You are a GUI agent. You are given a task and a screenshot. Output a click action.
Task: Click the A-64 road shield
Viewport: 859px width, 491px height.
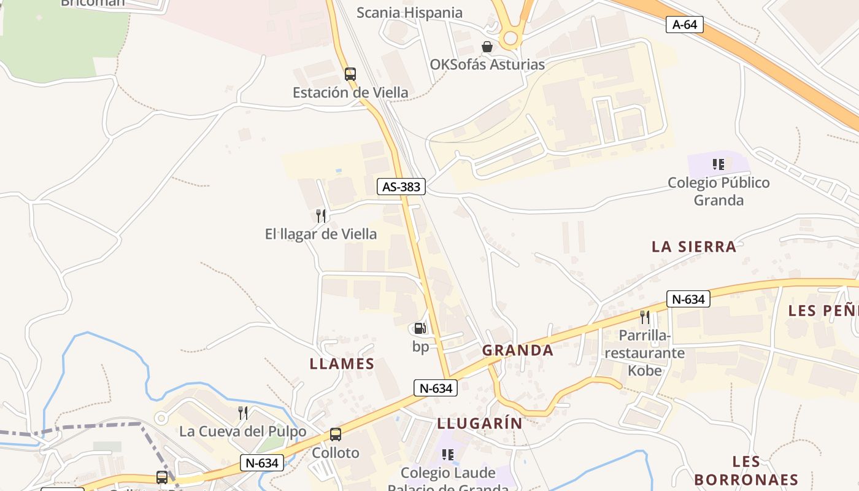[684, 25]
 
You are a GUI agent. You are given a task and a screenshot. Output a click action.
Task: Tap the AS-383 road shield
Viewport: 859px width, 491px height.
[401, 187]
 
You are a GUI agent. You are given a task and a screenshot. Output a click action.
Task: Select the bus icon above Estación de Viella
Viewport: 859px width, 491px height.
[350, 74]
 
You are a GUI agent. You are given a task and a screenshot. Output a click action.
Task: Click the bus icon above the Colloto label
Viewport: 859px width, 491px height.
[336, 435]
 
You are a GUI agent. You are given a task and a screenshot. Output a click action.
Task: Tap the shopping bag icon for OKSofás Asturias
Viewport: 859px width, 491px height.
[487, 47]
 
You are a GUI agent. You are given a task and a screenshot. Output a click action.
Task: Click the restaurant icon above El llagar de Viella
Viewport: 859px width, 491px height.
[320, 215]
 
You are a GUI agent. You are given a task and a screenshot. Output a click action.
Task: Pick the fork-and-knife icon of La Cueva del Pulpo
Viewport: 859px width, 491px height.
[243, 412]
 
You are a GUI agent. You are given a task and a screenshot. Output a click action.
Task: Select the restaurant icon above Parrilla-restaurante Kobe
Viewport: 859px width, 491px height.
[644, 317]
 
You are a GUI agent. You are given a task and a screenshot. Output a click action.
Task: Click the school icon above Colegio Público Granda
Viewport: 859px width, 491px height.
[718, 164]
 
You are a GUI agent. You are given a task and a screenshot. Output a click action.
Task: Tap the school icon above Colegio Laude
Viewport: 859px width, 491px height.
[448, 455]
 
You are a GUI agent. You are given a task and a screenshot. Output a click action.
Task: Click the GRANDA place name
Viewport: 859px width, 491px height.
[517, 350]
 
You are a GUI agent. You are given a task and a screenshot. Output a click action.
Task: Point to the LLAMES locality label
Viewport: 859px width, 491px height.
[342, 363]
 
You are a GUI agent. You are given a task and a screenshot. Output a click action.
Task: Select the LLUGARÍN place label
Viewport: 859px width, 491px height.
[480, 423]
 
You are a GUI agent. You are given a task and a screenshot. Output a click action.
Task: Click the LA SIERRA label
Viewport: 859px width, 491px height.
[693, 247]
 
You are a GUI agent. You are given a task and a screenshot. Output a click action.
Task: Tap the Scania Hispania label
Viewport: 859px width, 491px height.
[409, 13]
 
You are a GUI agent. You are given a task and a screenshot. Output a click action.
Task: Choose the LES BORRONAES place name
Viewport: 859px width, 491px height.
[746, 471]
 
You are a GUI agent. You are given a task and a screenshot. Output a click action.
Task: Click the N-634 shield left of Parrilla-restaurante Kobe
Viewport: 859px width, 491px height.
[688, 299]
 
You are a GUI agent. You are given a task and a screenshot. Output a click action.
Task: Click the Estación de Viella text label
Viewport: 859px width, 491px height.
[350, 93]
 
